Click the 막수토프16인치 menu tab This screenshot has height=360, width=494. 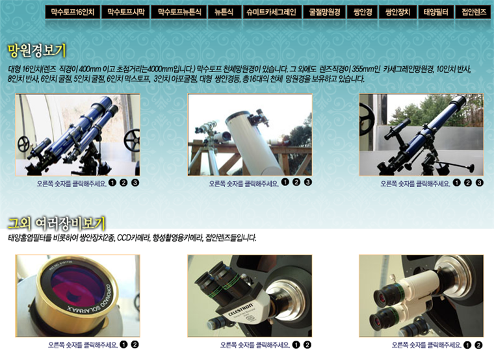pos(73,12)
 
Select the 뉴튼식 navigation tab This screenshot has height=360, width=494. pos(224,12)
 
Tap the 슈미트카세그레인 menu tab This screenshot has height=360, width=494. pos(272,12)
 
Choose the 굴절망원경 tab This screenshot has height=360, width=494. pos(324,12)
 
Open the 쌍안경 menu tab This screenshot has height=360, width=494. pos(362,12)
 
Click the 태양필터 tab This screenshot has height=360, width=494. pos(435,12)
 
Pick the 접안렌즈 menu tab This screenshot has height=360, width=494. pos(474,12)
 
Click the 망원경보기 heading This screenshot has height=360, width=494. pos(37,51)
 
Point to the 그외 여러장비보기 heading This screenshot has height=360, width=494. pos(57,224)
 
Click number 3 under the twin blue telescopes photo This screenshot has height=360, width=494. pos(135,183)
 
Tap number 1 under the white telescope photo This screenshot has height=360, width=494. pos(285,182)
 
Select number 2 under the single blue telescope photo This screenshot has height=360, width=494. pos(468,183)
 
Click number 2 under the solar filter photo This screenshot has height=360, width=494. pos(135,344)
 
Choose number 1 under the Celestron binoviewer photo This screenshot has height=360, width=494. pos(296,344)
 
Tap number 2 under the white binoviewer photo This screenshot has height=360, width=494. pos(478,345)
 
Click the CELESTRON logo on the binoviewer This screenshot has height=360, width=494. pos(240,310)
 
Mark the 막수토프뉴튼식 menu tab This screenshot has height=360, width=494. pos(179,12)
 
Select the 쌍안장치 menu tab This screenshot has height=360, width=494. pos(398,12)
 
